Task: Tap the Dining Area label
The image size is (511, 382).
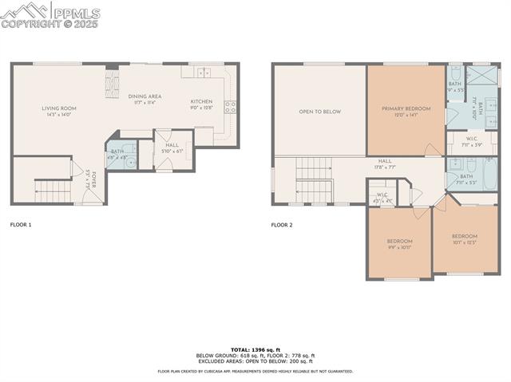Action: pos(145,96)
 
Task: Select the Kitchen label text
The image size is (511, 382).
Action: pos(201,101)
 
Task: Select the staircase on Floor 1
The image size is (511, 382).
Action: pos(53,191)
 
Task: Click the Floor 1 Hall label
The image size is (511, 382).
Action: pos(172,148)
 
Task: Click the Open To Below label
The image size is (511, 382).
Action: pos(319,112)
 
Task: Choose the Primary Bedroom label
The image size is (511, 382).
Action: pos(406,109)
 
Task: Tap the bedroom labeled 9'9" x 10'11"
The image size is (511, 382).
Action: pos(399,244)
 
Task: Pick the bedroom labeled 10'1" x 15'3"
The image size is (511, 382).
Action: pos(464,238)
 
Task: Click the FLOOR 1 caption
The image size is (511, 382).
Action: pos(21,225)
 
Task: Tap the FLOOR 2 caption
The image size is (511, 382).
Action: pos(282,225)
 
